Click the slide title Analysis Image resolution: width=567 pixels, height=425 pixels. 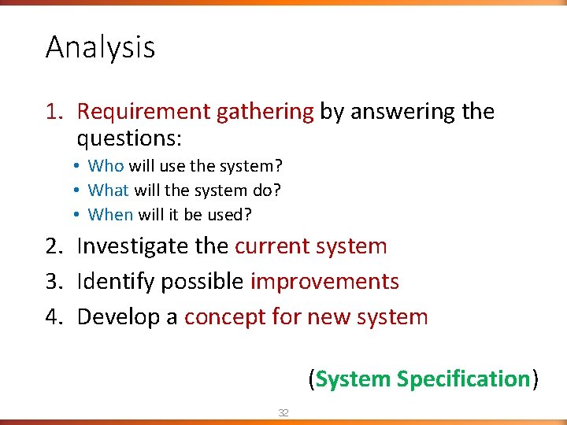[x=100, y=48]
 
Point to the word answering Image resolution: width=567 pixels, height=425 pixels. [x=402, y=113]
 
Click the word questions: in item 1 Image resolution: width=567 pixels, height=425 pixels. [x=129, y=139]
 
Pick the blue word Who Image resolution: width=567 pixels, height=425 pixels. [x=106, y=166]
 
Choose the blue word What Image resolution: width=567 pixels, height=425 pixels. [x=109, y=190]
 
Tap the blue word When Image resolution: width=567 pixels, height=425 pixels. [x=110, y=214]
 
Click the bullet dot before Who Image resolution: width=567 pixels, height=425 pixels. [x=80, y=166]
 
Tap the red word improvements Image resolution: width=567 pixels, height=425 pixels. [x=324, y=282]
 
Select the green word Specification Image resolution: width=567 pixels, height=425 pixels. [x=463, y=379]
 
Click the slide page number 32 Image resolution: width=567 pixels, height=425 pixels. [x=283, y=412]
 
